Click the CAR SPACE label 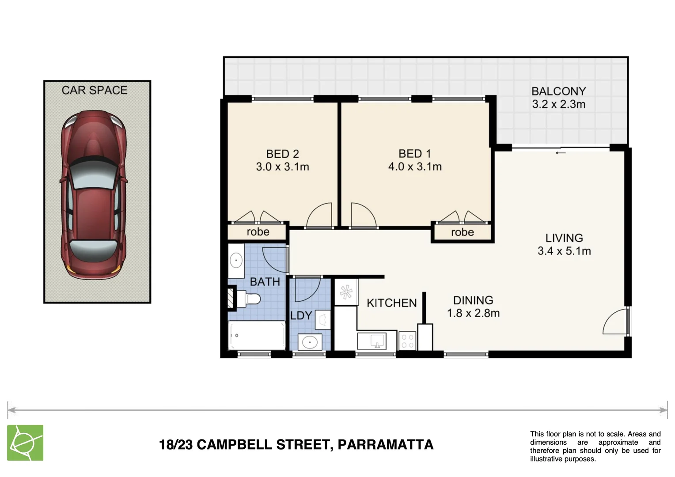tap(94, 90)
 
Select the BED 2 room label tap(282, 154)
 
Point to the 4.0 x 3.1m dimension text tap(415, 167)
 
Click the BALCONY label tap(558, 91)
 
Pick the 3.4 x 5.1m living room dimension tap(564, 251)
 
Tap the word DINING tap(473, 300)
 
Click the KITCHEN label tap(391, 303)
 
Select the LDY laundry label tap(301, 316)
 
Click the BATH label tap(265, 282)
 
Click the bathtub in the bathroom tap(256, 336)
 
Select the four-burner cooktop tap(407, 341)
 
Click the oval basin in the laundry tap(310, 342)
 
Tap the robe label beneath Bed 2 tap(258, 232)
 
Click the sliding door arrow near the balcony tap(561, 153)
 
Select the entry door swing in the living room tap(616, 322)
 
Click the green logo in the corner tap(25, 443)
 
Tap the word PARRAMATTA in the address tap(385, 444)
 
